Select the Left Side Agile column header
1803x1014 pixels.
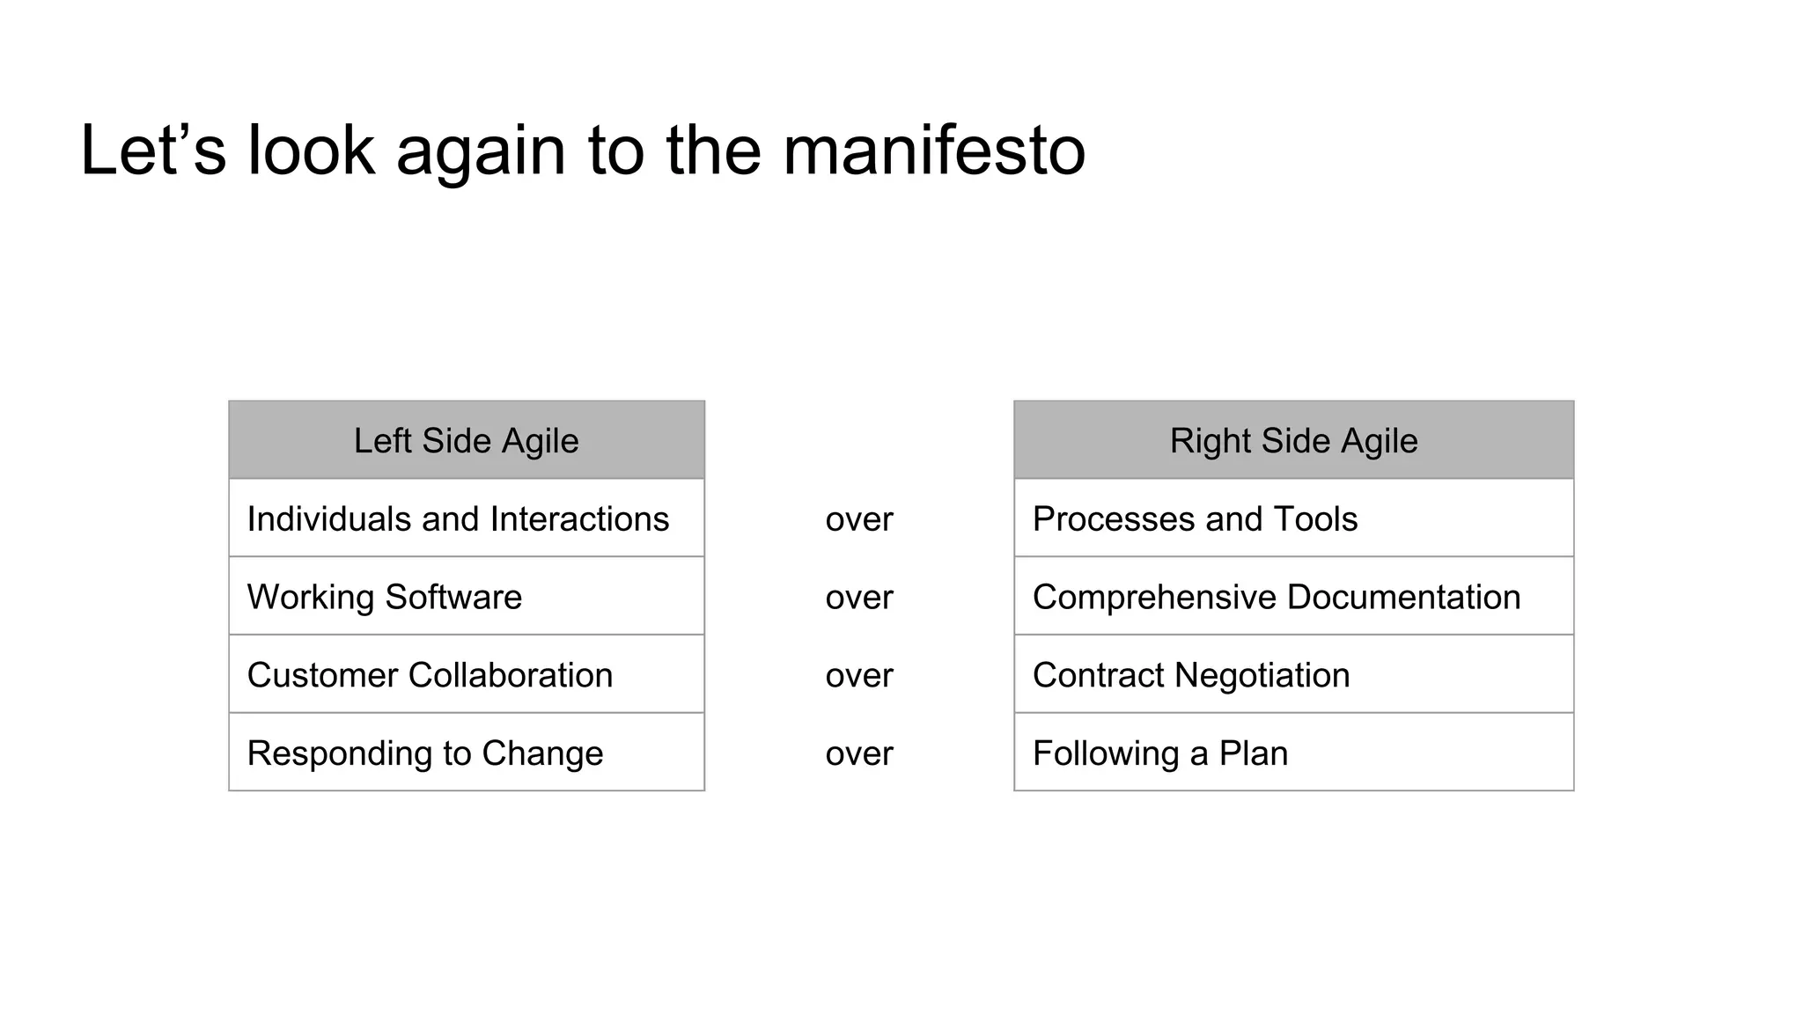point(466,440)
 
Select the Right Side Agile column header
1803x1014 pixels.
point(1293,440)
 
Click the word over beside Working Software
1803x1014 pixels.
point(859,598)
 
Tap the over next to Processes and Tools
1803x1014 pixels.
point(859,519)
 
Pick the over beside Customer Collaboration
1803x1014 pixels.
point(859,676)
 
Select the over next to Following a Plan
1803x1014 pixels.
point(859,754)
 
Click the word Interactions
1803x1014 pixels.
point(579,518)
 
